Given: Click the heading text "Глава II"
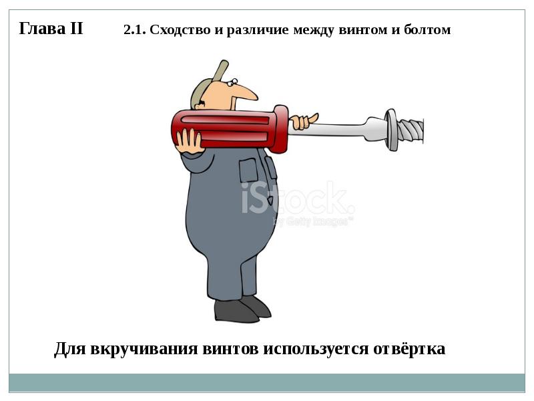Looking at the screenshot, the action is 51,28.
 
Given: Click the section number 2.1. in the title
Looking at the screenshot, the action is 135,29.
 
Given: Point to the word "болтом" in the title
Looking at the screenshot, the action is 427,29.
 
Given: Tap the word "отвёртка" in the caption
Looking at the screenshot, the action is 409,348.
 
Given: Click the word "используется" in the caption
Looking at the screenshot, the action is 316,349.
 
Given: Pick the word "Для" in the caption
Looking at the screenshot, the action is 70,349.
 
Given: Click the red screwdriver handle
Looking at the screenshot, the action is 230,128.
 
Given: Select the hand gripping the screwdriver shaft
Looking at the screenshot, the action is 304,122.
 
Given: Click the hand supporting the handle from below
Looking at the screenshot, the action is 188,141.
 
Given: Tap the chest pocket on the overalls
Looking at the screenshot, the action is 248,170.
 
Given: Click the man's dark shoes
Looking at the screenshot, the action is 242,309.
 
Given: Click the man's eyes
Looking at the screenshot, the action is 232,82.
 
